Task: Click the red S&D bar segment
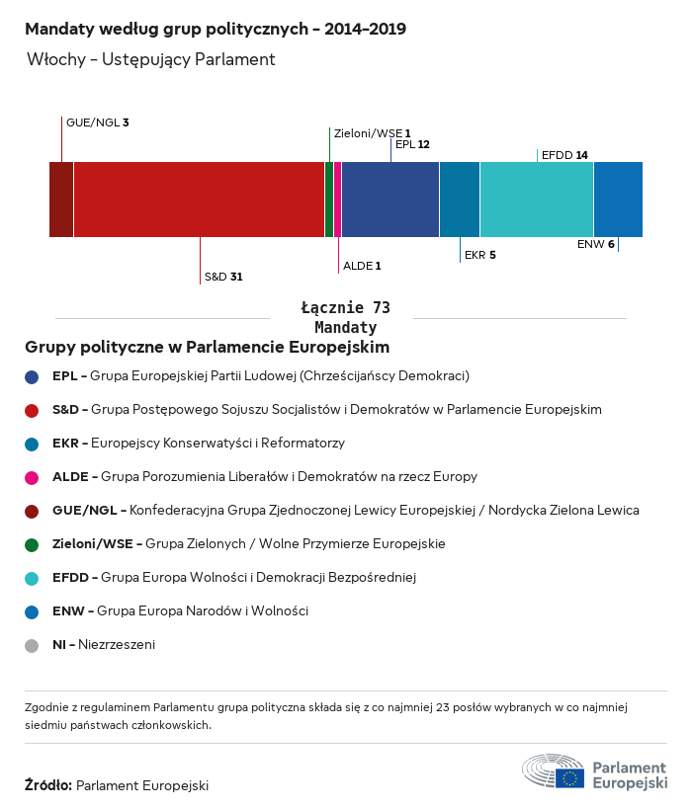[199, 200]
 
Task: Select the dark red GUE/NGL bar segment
[61, 200]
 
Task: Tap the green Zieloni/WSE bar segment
[329, 200]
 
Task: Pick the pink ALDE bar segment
[337, 200]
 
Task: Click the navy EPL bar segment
[389, 200]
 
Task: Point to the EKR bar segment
[459, 200]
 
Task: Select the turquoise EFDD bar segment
[536, 200]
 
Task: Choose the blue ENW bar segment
[618, 200]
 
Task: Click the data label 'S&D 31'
[223, 277]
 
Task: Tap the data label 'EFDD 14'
[564, 155]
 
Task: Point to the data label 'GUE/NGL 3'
[97, 122]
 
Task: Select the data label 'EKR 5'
[479, 255]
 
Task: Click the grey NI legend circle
[32, 645]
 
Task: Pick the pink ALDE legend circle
[32, 477]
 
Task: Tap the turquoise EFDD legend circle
[32, 578]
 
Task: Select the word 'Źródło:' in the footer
[47, 785]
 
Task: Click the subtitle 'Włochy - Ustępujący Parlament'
[150, 59]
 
